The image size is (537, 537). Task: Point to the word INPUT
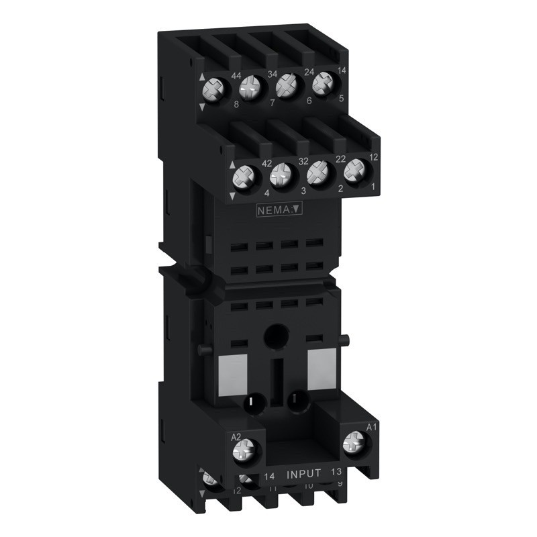click(x=304, y=474)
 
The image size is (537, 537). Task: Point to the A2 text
click(x=236, y=437)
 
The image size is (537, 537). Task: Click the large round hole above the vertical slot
click(x=275, y=334)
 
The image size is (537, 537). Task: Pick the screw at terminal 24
click(x=287, y=85)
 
